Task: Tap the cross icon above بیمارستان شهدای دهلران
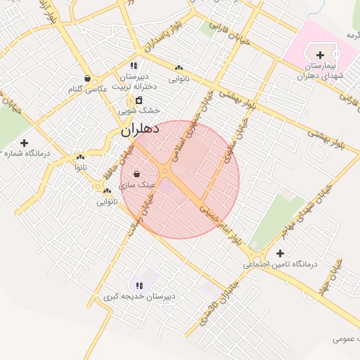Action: click(x=321, y=55)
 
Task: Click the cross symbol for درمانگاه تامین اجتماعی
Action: click(x=281, y=253)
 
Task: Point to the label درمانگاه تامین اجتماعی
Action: click(x=280, y=265)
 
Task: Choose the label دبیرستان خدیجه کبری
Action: click(x=139, y=297)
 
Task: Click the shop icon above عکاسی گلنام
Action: click(x=86, y=78)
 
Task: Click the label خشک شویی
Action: click(x=139, y=110)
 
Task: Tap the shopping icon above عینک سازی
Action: click(x=136, y=174)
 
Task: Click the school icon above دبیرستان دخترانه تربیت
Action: click(x=133, y=65)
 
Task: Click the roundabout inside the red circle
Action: click(x=166, y=171)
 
